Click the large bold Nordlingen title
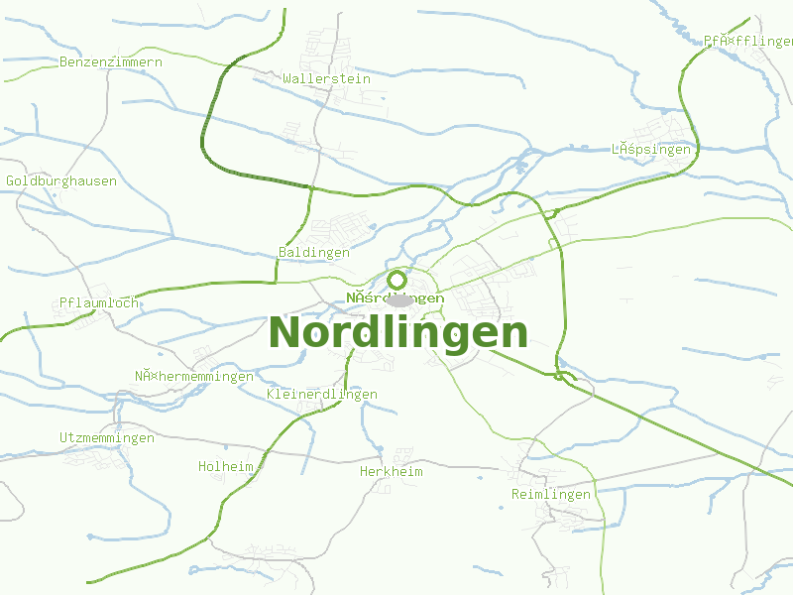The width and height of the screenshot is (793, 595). pos(398,332)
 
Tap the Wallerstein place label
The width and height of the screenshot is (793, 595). pos(326,78)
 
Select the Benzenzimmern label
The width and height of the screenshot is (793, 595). pos(111,61)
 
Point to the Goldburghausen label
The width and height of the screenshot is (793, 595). pos(61,181)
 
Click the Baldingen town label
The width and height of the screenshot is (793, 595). pos(313,253)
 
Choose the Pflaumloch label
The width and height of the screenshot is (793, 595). pos(99,302)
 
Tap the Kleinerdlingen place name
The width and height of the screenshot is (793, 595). pos(322,395)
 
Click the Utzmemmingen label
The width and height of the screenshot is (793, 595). pos(107,437)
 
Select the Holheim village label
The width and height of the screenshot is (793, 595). pos(226,466)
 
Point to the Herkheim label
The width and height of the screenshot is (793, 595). pos(392,472)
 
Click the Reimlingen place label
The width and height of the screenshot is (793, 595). pos(551,494)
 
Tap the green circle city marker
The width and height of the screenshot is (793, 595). pos(397,280)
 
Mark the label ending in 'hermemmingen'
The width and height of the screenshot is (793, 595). pos(194,376)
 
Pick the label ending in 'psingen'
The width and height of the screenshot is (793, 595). pos(650,150)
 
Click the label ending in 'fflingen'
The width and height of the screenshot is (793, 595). pos(748,41)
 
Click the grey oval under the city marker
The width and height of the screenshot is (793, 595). pos(399,299)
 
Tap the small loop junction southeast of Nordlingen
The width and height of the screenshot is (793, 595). pos(564,376)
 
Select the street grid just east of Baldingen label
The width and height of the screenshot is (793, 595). pos(347,228)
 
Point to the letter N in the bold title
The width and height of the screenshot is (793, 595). pos(287,332)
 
